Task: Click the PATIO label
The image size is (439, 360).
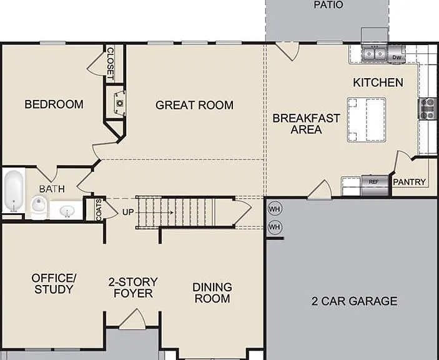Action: click(x=328, y=5)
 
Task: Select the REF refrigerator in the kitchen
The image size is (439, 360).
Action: click(x=375, y=185)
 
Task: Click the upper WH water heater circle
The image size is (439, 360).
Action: click(x=275, y=209)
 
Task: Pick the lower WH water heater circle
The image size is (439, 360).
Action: click(x=275, y=227)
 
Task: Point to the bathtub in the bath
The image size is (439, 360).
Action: click(x=14, y=191)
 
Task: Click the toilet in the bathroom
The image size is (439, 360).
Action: click(x=39, y=206)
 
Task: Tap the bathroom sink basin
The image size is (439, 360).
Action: click(x=67, y=211)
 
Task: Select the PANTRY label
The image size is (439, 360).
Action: click(x=409, y=182)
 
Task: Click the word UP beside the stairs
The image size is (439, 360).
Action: click(x=128, y=212)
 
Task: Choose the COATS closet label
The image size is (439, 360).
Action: click(x=99, y=210)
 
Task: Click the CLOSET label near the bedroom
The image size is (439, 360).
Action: click(x=111, y=64)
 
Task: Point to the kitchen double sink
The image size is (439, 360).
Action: click(x=374, y=54)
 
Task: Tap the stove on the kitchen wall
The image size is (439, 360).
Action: click(x=428, y=108)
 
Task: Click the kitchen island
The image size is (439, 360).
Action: click(x=367, y=120)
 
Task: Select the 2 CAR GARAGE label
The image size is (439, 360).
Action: click(x=354, y=301)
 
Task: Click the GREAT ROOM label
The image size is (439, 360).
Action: click(x=194, y=105)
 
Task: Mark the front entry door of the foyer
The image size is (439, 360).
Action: click(x=132, y=319)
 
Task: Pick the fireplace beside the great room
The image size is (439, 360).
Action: click(x=119, y=103)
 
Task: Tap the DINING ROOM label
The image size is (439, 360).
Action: click(x=212, y=292)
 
